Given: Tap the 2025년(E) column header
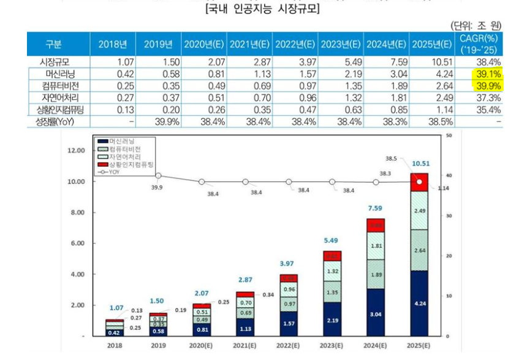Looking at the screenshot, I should pyautogui.click(x=433, y=45).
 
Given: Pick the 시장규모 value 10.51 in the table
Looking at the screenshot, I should pyautogui.click(x=440, y=63).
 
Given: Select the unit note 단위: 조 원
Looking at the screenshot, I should pyautogui.click(x=476, y=26).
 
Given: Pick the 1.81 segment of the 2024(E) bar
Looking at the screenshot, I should pyautogui.click(x=376, y=246).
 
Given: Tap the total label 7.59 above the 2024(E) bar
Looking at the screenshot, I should pyautogui.click(x=376, y=208).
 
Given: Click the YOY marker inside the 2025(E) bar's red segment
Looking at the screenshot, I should pyautogui.click(x=419, y=182).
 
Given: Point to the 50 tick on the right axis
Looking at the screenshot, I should pyautogui.click(x=450, y=135).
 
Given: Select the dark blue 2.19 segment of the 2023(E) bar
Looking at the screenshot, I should pyautogui.click(x=332, y=320).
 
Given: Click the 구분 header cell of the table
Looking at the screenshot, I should pyautogui.click(x=53, y=45).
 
